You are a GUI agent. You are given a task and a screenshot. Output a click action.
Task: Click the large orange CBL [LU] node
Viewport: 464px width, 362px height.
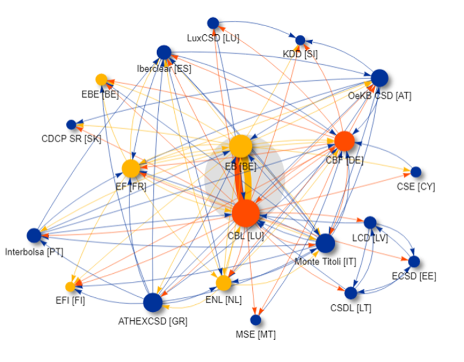click(x=246, y=212)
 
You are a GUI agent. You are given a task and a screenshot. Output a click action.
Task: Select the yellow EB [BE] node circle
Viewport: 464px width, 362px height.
click(x=241, y=146)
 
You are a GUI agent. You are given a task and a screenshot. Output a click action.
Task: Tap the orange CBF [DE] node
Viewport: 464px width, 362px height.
click(x=344, y=141)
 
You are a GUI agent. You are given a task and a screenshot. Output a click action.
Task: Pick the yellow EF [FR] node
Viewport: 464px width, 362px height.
click(x=131, y=168)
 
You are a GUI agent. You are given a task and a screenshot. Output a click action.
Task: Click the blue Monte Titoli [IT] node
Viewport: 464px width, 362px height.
click(x=325, y=243)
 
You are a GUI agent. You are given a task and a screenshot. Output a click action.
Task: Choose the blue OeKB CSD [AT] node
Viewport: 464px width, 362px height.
click(x=378, y=78)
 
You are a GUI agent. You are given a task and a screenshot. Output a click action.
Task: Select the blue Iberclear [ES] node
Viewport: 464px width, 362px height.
click(x=164, y=52)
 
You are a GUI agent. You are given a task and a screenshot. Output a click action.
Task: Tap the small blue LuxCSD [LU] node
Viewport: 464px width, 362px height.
click(x=213, y=23)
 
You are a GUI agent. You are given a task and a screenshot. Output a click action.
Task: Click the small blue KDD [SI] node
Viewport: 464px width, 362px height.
click(x=300, y=40)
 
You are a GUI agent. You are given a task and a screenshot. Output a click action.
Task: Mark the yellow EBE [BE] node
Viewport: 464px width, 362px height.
click(x=102, y=80)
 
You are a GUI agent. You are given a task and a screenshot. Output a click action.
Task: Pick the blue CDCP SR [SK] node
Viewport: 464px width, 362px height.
click(x=71, y=125)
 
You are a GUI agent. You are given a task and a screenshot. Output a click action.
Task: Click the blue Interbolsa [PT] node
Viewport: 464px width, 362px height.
click(x=34, y=235)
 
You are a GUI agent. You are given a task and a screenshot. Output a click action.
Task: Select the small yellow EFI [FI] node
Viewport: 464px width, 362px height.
click(x=70, y=287)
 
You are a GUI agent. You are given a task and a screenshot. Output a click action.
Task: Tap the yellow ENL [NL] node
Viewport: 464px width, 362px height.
click(x=223, y=283)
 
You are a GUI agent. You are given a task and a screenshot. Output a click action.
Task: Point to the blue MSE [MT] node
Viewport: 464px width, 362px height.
click(x=256, y=320)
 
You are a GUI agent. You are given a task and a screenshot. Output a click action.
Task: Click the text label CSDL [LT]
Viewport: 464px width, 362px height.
click(x=351, y=308)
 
